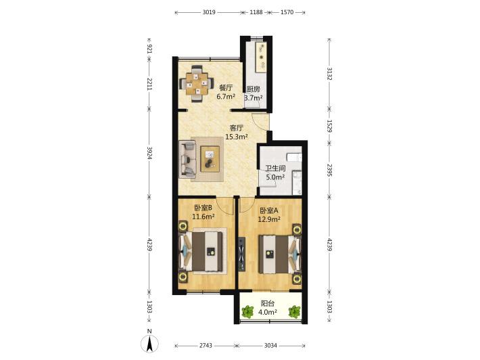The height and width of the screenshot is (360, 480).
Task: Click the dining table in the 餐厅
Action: click(x=196, y=83)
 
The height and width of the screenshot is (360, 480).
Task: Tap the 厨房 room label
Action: click(x=254, y=89)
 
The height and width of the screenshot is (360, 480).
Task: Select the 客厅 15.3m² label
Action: click(x=237, y=133)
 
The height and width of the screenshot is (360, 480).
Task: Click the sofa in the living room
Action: click(x=187, y=159)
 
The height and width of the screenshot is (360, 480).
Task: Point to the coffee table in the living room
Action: click(x=210, y=159)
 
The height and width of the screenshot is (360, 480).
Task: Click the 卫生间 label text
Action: click(x=275, y=168)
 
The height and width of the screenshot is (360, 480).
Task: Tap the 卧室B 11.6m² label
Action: click(x=203, y=212)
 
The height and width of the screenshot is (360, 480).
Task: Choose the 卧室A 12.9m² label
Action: click(x=269, y=215)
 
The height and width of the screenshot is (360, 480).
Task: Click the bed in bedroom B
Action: click(x=201, y=252)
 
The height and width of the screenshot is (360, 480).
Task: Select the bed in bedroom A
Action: click(x=279, y=254)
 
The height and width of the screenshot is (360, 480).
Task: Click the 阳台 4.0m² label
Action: click(x=268, y=308)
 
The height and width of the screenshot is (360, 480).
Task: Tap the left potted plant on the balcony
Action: click(x=247, y=311)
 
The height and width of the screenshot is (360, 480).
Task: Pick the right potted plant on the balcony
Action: click(x=295, y=311)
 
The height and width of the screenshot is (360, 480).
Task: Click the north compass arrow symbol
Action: click(x=149, y=344)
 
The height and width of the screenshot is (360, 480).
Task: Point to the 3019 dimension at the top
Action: click(x=209, y=12)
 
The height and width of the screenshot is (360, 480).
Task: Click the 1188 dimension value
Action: click(x=256, y=12)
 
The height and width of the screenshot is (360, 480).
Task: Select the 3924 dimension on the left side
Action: click(x=149, y=153)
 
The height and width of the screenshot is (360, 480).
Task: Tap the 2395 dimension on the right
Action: click(x=329, y=170)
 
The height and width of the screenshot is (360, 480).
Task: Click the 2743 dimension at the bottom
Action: click(x=206, y=346)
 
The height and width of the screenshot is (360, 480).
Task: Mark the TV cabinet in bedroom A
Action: click(x=242, y=254)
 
